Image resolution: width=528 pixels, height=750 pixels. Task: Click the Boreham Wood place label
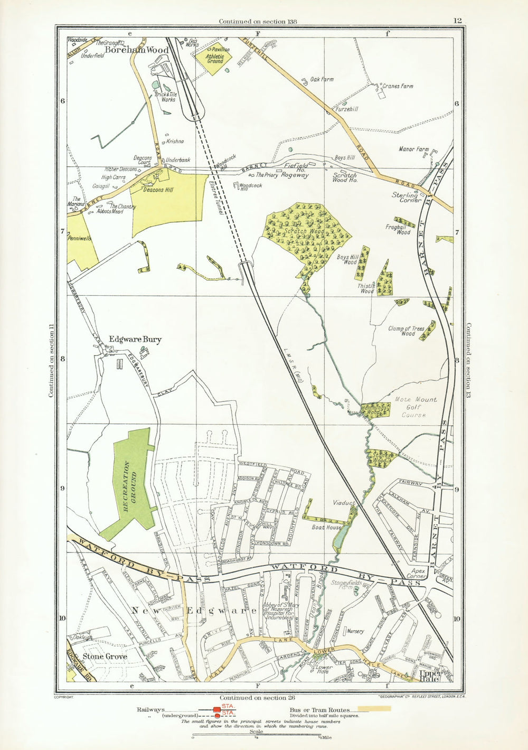coord(137,50)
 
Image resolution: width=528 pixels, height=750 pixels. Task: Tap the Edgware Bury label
coord(135,340)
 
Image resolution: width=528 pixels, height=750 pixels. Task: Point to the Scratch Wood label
coord(304,231)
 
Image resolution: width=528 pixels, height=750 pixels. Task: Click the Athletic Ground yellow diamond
coord(215,58)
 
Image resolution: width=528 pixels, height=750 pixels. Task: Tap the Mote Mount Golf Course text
coord(413,407)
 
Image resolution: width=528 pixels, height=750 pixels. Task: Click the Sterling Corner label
coord(407,198)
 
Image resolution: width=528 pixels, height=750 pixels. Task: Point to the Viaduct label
coord(344,503)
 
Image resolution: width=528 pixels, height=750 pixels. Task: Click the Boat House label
coord(326,527)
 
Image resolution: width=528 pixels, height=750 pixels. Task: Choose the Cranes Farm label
coord(398,86)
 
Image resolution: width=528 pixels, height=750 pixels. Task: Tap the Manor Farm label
coord(414,149)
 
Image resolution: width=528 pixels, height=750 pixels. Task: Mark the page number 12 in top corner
coord(457,21)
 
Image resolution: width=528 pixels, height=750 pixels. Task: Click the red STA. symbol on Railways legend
coord(217,709)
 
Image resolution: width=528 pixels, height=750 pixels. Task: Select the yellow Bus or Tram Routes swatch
coord(374,708)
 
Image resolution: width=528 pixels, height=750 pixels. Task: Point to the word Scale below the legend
coord(256,732)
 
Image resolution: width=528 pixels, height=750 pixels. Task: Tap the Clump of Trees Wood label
coord(407,331)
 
